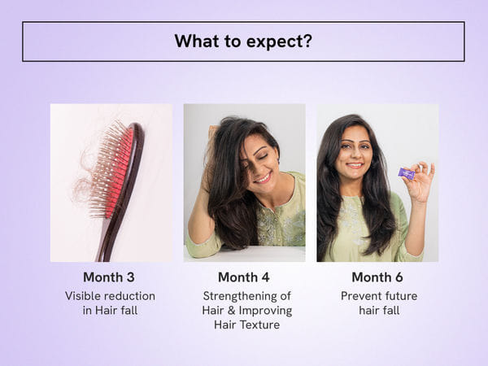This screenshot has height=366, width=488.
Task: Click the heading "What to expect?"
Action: (243, 41)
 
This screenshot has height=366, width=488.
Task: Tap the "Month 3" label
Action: (110, 277)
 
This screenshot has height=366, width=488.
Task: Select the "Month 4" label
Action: (244, 277)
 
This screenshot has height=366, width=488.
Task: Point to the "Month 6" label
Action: (377, 277)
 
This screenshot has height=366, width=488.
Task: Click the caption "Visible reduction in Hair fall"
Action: (110, 303)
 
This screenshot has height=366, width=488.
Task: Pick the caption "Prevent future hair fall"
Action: (377, 303)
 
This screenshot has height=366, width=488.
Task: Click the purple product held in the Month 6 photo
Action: (406, 173)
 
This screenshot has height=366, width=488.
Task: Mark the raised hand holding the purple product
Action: (420, 182)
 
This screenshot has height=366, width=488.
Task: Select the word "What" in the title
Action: (196, 41)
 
